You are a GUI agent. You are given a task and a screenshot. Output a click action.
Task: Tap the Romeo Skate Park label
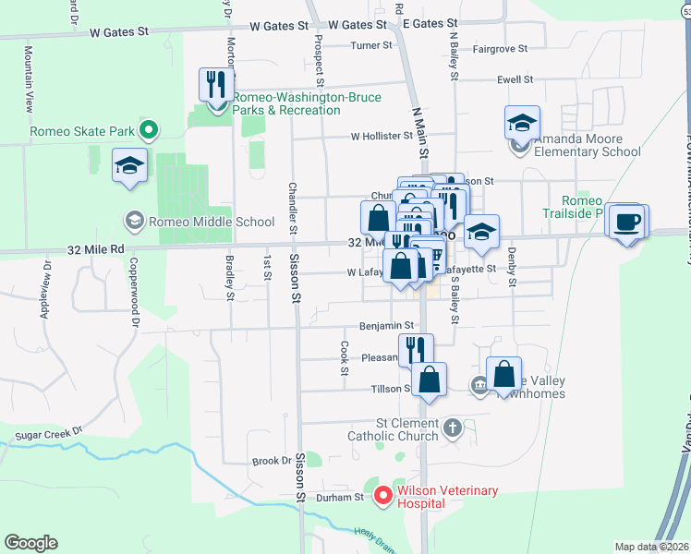[83, 131]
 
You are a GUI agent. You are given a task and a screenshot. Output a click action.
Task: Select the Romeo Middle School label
[211, 222]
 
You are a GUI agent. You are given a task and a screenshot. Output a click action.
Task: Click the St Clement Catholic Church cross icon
[452, 428]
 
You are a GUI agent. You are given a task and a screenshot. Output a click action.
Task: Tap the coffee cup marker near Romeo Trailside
[626, 223]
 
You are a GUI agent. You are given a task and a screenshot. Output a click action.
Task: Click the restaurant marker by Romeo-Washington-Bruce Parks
[214, 85]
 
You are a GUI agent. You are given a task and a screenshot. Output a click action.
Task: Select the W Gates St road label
[119, 31]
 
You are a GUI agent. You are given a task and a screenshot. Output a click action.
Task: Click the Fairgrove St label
[499, 48]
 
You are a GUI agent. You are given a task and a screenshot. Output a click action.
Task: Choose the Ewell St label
[515, 79]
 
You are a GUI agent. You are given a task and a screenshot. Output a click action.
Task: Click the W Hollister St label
[381, 136]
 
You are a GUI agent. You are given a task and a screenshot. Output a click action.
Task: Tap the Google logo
[31, 543]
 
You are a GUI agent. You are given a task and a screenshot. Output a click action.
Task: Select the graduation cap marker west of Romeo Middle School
[130, 167]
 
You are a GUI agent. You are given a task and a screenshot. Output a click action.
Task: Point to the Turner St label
[371, 44]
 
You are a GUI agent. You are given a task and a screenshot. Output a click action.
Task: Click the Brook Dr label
[272, 461]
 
